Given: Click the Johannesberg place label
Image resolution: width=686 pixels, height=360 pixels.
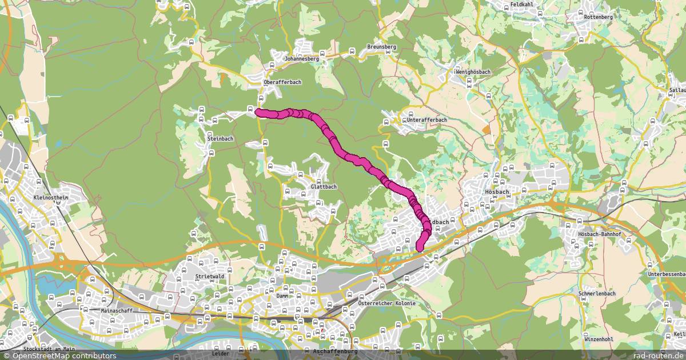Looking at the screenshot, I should pyautogui.click(x=302, y=58).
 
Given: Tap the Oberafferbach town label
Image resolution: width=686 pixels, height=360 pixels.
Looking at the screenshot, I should pyautogui.click(x=282, y=82).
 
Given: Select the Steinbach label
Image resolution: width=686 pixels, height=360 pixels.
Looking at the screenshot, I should pyautogui.click(x=221, y=139).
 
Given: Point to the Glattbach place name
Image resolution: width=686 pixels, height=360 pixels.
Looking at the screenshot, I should pyautogui.click(x=324, y=187).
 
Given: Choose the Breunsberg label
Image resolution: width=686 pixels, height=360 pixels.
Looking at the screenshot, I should pyautogui.click(x=381, y=47).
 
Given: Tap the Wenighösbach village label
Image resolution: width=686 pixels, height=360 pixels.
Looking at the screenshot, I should pyautogui.click(x=472, y=72).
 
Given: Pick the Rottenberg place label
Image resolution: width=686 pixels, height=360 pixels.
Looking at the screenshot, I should pyautogui.click(x=599, y=18).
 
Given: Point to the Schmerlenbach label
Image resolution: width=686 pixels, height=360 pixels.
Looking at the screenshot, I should pyautogui.click(x=597, y=294).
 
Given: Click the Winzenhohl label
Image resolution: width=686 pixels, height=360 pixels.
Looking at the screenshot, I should pyautogui.click(x=599, y=339).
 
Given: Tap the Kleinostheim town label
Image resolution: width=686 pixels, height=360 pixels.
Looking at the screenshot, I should pyautogui.click(x=51, y=198).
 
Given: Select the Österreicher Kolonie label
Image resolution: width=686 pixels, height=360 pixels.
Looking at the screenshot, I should pyautogui.click(x=386, y=303).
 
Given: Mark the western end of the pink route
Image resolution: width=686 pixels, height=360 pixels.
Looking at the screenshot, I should pyautogui.click(x=258, y=112).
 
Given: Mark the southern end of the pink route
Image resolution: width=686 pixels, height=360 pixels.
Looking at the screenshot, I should pyautogui.click(x=420, y=248).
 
